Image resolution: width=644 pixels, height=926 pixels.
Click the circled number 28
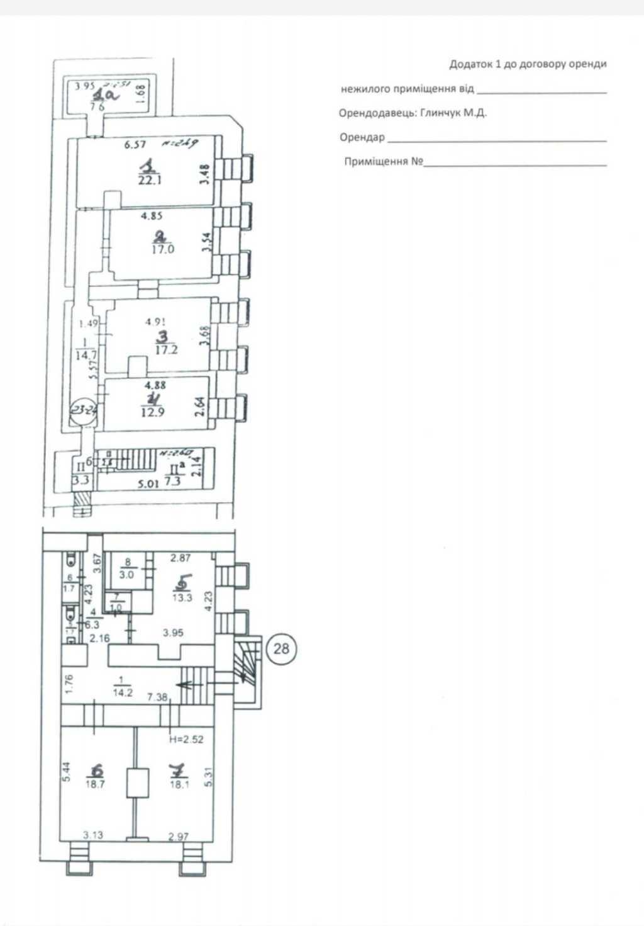tap(280, 647)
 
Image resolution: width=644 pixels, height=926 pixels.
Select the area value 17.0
tap(162, 249)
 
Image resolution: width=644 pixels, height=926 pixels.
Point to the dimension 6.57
tap(135, 145)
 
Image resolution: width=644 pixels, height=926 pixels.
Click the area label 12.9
tap(153, 412)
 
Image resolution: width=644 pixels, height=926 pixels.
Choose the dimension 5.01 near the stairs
tap(148, 483)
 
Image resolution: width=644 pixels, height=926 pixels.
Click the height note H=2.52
tap(186, 739)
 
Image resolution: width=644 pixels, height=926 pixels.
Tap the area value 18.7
tap(95, 784)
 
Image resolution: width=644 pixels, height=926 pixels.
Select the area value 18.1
tap(179, 784)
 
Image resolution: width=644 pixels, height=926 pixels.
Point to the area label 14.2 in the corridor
tap(121, 692)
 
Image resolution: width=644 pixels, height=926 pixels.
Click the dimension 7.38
tap(158, 697)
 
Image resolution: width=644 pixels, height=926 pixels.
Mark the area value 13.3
tap(182, 597)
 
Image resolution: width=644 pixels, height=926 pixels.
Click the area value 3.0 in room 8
tap(127, 575)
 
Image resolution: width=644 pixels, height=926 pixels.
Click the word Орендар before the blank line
tap(362, 137)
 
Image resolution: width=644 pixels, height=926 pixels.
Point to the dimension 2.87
tap(180, 558)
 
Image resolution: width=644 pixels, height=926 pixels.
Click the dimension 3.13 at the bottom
tap(93, 835)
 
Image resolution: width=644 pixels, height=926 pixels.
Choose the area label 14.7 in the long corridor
tap(86, 355)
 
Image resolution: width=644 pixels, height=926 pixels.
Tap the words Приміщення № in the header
tap(384, 162)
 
